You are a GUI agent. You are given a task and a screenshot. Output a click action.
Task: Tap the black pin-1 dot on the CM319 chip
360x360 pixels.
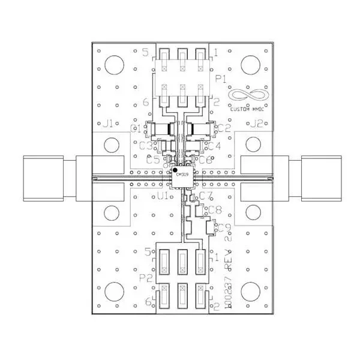click(176, 171)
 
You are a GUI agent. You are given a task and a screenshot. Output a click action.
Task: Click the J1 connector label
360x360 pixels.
click(108, 124)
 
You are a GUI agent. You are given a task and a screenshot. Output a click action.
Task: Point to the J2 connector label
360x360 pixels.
click(256, 124)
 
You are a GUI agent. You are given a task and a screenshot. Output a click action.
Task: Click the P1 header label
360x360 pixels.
click(220, 79)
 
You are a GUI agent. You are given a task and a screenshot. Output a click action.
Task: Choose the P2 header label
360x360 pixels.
click(145, 278)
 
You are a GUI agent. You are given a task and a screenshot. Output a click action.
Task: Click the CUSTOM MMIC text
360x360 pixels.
click(249, 109)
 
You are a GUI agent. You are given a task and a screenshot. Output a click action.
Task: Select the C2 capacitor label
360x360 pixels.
click(224, 127)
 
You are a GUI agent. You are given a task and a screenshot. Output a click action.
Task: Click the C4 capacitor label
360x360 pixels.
click(214, 146)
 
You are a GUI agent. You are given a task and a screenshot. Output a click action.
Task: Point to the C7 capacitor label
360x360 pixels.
click(206, 196)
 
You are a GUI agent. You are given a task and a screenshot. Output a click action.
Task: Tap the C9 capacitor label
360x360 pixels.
click(224, 227)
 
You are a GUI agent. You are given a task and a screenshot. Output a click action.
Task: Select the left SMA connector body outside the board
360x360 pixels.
click(43, 178)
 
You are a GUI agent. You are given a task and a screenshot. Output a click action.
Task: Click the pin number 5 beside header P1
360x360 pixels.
click(145, 52)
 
